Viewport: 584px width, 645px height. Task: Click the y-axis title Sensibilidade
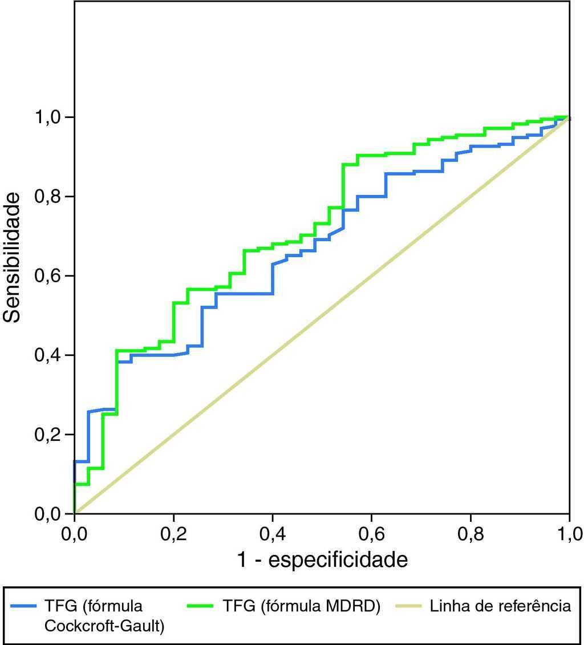pyautogui.click(x=13, y=257)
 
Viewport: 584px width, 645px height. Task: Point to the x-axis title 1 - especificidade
pyautogui.click(x=322, y=560)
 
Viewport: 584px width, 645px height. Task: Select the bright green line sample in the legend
pyautogui.click(x=202, y=606)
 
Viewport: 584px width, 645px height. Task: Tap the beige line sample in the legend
pyautogui.click(x=407, y=606)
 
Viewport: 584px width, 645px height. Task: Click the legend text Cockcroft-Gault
pyautogui.click(x=104, y=626)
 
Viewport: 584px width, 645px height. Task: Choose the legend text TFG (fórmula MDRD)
pyautogui.click(x=301, y=606)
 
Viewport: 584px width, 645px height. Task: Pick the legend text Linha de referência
pyautogui.click(x=500, y=606)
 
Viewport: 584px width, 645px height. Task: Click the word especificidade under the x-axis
pyautogui.click(x=338, y=560)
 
